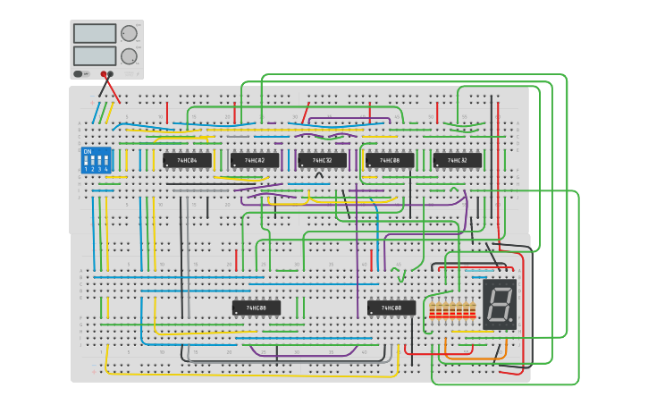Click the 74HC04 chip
(187, 161)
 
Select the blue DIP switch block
(96, 160)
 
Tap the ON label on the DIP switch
(88, 152)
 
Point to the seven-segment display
(499, 304)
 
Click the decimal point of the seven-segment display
(513, 320)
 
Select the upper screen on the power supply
(95, 33)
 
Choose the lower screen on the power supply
(95, 55)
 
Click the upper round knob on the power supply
(129, 33)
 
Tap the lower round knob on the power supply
(129, 56)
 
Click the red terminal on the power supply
(110, 74)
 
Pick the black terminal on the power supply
(103, 74)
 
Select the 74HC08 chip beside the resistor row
(391, 308)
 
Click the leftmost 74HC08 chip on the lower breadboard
(256, 308)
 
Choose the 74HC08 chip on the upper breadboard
(390, 161)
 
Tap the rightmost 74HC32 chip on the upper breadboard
(458, 161)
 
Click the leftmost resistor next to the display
(433, 310)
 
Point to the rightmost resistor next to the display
(473, 310)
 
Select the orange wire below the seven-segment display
(483, 359)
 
